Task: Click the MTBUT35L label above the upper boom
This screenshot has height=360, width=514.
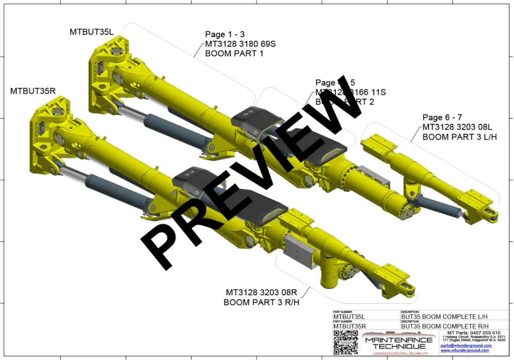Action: coord(92,32)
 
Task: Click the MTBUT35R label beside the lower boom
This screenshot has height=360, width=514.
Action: coord(33,91)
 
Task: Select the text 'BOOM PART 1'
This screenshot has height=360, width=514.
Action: coord(234,53)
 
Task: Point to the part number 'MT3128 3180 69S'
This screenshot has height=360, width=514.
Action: coord(240,44)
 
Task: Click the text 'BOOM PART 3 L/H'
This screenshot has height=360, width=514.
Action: coord(459,137)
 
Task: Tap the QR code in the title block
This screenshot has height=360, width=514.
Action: coord(345,342)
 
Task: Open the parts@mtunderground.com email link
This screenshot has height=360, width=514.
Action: coord(466,345)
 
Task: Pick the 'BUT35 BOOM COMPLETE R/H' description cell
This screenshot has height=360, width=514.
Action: coord(444,326)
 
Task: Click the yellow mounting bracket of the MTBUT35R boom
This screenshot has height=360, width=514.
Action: coord(48,133)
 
